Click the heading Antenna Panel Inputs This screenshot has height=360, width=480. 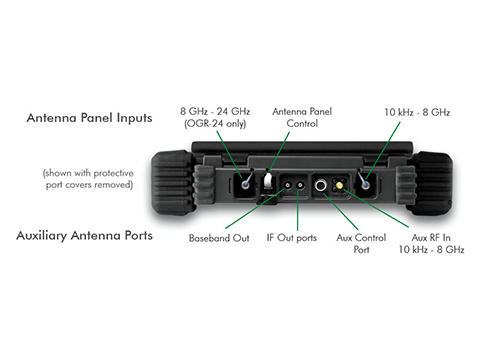[x=89, y=118]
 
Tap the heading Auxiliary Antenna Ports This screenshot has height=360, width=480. [x=85, y=236]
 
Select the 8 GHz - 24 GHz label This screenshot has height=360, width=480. [x=215, y=111]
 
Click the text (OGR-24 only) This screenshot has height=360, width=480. [x=215, y=124]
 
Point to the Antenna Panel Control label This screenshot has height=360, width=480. [x=302, y=117]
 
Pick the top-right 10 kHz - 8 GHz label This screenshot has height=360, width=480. [x=417, y=112]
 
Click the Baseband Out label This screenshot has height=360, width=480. [x=219, y=238]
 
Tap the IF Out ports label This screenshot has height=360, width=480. [x=292, y=238]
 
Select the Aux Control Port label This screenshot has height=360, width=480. [x=361, y=244]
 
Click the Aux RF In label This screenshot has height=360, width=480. [x=431, y=238]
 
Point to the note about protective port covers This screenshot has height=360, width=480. [x=88, y=179]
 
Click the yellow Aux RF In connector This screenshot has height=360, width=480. [x=339, y=185]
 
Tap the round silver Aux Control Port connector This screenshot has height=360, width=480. [x=321, y=185]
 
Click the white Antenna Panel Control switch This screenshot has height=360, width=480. [x=268, y=181]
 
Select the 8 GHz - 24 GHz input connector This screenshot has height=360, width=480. [x=246, y=184]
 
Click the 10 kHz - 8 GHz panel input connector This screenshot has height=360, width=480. [x=365, y=184]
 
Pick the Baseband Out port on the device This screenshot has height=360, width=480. [x=287, y=185]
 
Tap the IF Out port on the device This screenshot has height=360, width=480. [x=300, y=185]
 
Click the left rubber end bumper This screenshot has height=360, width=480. [x=172, y=183]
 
